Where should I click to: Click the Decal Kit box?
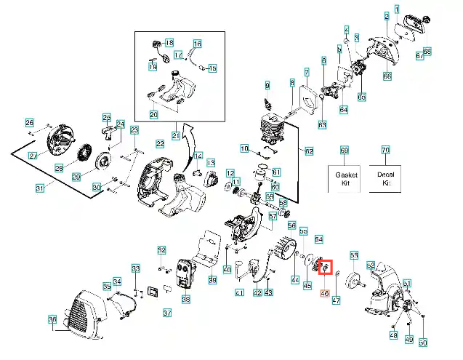(385, 179)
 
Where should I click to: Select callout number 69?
(345, 150)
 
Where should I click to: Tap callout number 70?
(385, 150)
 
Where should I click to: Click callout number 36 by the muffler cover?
(52, 319)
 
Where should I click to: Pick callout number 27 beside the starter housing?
(33, 156)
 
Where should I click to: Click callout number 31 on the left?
(41, 188)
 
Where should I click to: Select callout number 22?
(160, 144)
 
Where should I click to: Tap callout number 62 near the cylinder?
(309, 151)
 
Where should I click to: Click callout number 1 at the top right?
(397, 9)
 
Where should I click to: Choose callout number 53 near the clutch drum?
(354, 255)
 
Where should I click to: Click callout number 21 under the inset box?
(176, 135)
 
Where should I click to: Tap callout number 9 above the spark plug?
(267, 86)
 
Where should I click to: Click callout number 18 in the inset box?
(169, 43)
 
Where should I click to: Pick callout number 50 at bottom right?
(423, 342)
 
